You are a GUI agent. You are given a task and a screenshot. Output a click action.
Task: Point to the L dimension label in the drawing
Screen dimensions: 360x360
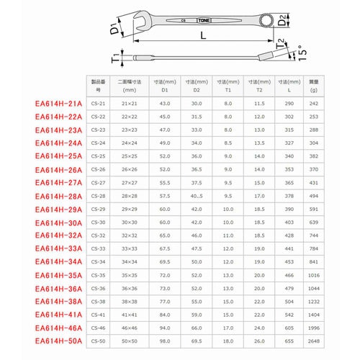(204, 35)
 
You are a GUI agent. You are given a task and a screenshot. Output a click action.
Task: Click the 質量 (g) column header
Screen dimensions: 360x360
(314, 86)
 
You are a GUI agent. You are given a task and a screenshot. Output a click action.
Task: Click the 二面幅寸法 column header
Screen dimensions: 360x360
(130, 86)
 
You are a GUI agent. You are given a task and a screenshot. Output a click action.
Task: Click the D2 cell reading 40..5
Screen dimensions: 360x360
(192, 195)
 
